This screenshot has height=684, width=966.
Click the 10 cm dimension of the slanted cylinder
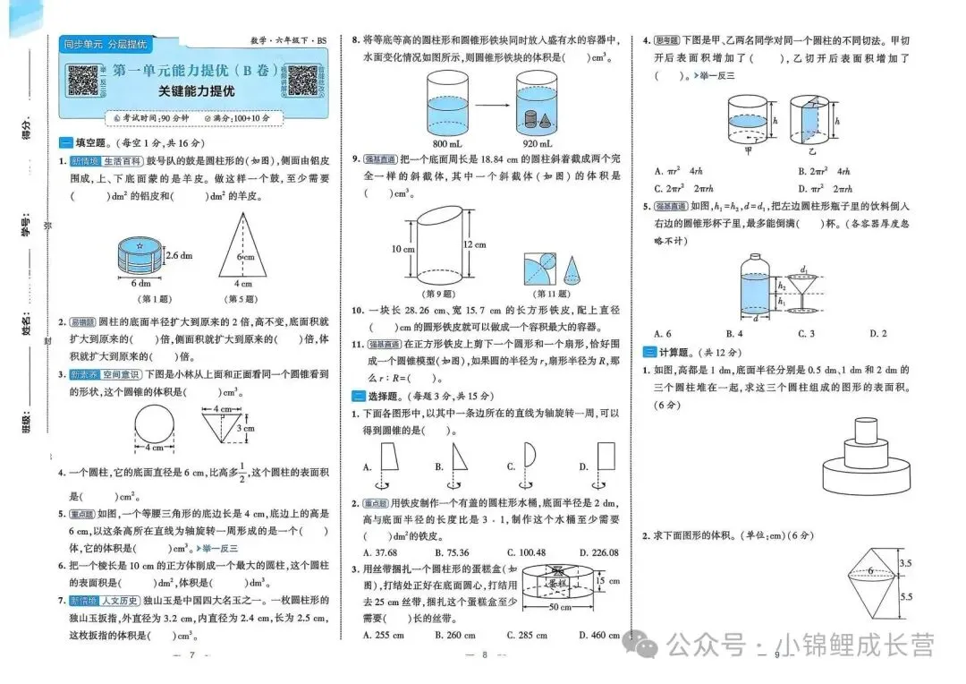click(401, 248)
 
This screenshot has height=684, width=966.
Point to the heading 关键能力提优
click(196, 91)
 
